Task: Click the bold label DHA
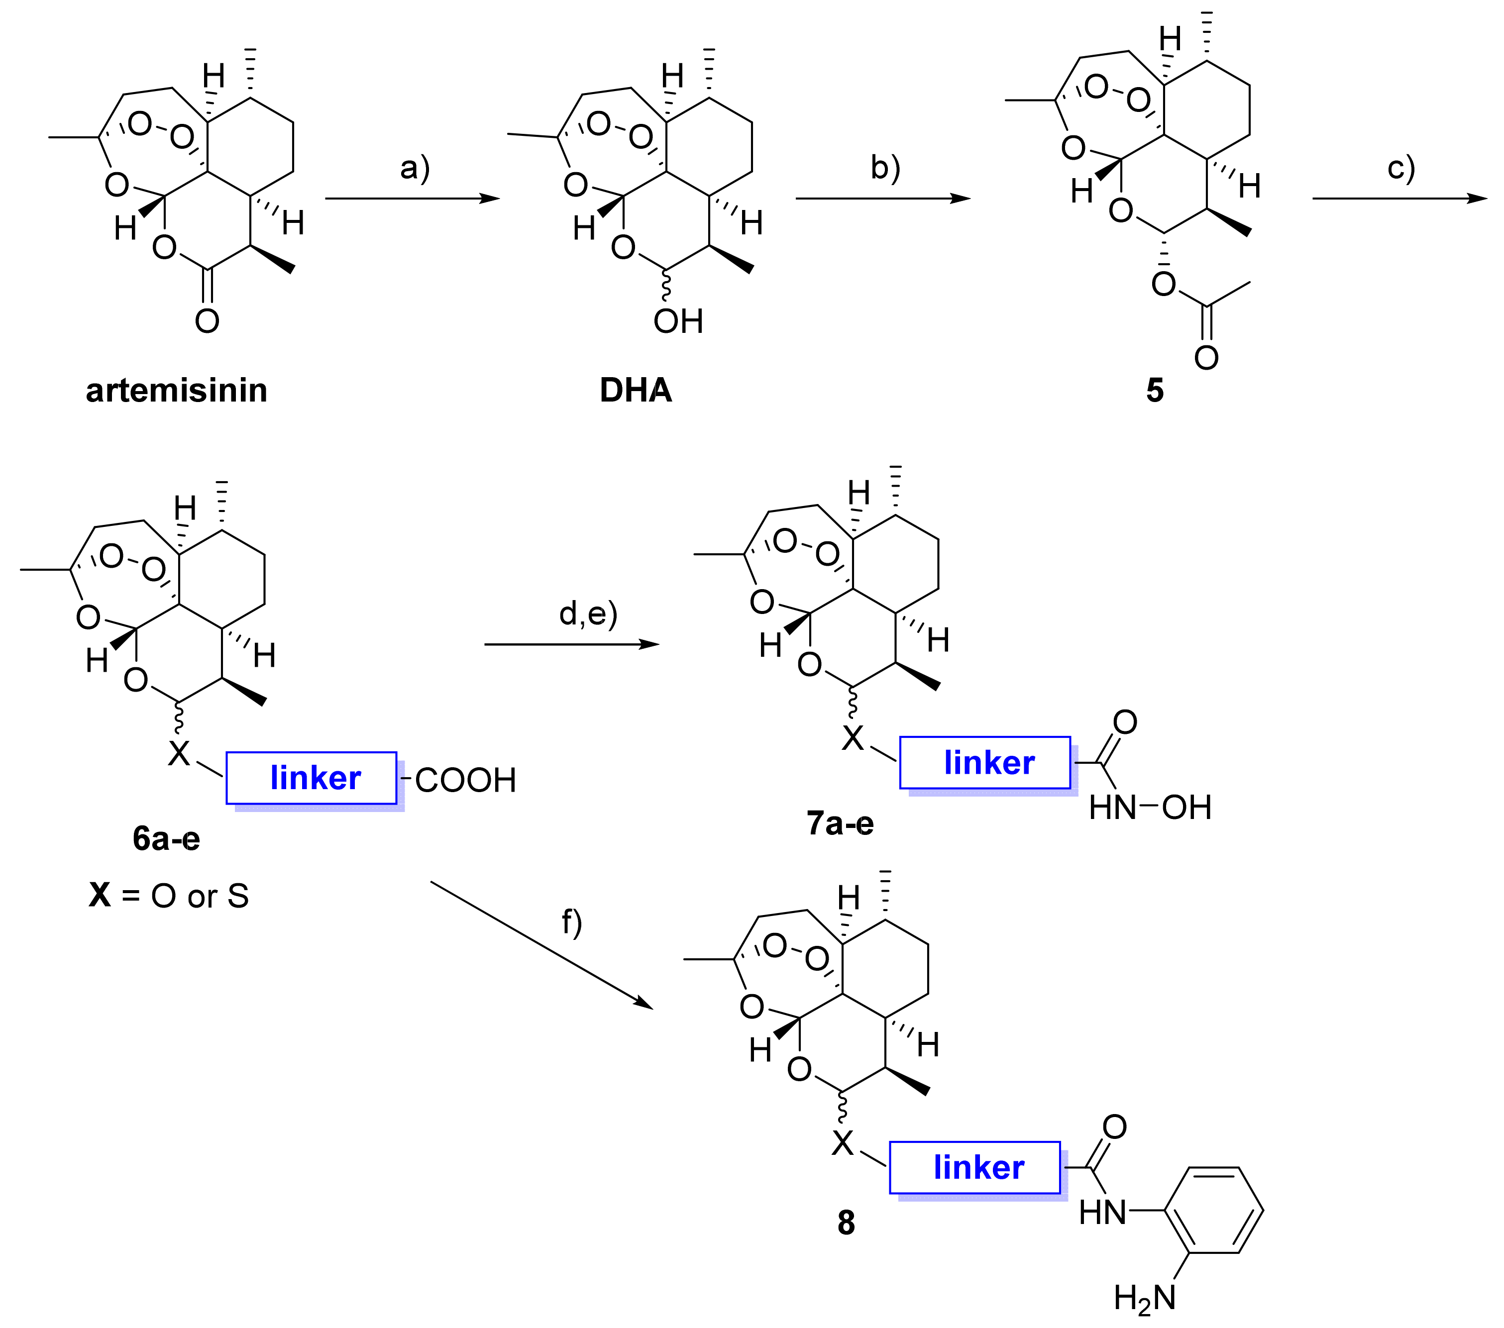tap(636, 391)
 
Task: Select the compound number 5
tap(1155, 391)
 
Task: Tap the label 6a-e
tap(166, 839)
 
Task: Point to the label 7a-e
tap(840, 823)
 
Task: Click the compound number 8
tap(846, 1223)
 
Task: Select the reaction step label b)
tap(885, 168)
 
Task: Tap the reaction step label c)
tap(1401, 168)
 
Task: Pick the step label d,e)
tap(588, 613)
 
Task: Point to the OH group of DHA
tap(678, 321)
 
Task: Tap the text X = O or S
tap(169, 896)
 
